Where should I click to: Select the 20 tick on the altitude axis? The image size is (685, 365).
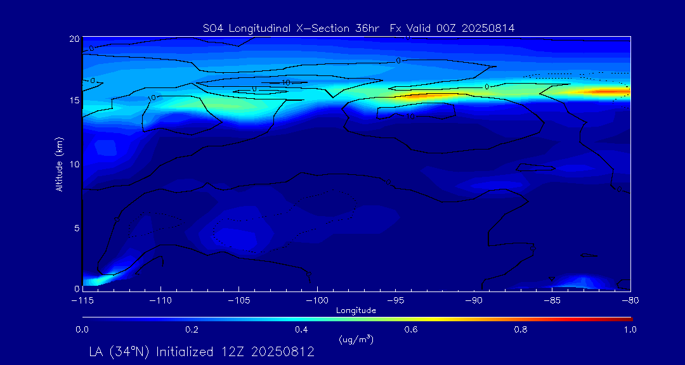(74, 39)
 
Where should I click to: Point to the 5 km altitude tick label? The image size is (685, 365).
(76, 227)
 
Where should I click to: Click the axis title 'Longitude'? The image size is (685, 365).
(356, 311)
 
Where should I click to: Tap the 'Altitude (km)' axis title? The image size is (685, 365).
(59, 163)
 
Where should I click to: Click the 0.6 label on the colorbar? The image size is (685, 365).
(411, 330)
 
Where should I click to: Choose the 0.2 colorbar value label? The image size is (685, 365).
(192, 330)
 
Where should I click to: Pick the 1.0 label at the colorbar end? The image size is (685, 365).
(627, 330)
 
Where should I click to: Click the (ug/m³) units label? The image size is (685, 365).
(356, 340)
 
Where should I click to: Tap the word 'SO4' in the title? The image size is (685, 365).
(212, 28)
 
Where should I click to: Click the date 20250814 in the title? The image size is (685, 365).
(489, 28)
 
